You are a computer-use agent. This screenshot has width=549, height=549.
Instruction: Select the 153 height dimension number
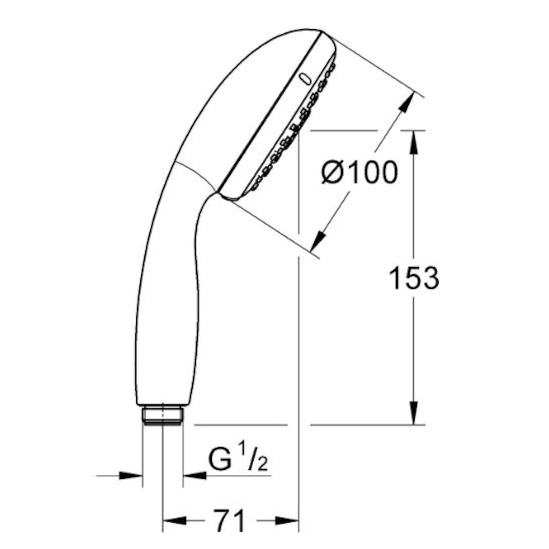pos(414,278)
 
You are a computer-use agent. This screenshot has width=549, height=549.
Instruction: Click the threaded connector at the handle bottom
pos(162,415)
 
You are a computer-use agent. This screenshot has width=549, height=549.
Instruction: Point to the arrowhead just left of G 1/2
pos(194,476)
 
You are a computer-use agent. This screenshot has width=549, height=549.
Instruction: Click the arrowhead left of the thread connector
pos(131,476)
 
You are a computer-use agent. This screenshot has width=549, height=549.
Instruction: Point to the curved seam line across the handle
pos(194,174)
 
